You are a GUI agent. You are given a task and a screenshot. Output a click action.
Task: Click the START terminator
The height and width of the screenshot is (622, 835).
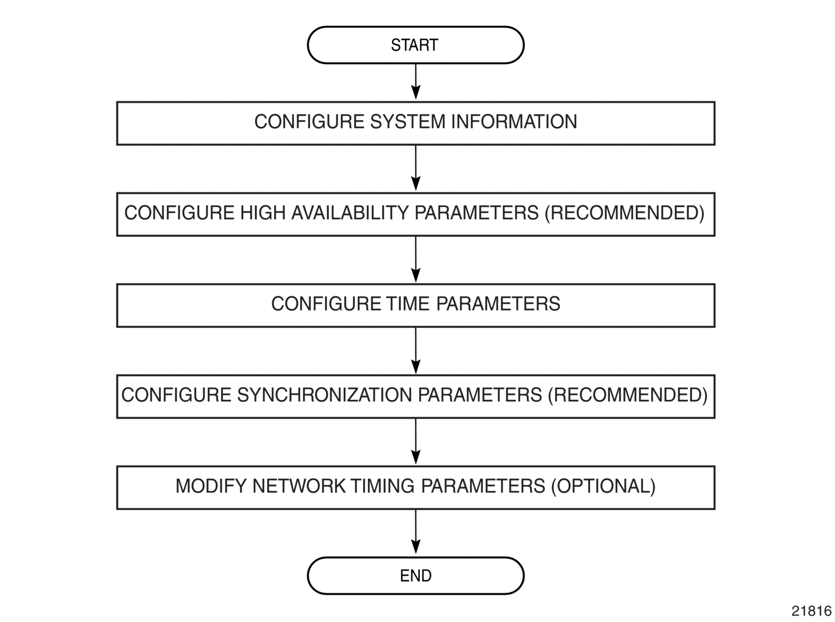[415, 45]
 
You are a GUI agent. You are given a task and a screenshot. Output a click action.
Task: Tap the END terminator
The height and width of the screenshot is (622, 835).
[415, 575]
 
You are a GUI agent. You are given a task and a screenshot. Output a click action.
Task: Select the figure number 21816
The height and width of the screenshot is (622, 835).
[811, 611]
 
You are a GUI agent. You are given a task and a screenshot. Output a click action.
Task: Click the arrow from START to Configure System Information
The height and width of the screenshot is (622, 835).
[416, 82]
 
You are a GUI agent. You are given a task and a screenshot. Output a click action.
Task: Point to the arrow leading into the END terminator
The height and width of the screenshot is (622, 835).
[416, 532]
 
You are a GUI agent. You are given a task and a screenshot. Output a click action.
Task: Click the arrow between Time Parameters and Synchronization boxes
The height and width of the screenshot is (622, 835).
[416, 351]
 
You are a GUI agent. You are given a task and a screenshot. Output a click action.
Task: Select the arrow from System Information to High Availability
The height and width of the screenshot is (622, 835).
[416, 168]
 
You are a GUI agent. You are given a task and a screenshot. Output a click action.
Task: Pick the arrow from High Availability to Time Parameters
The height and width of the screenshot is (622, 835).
[416, 259]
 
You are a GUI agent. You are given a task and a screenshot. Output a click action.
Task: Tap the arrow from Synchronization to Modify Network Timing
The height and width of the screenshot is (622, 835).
[416, 442]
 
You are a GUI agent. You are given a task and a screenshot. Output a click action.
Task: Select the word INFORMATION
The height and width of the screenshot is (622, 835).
[514, 122]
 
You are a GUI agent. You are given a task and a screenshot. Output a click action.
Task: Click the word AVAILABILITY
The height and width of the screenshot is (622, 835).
[350, 213]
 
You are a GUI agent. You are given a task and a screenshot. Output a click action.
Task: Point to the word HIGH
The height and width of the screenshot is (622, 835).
[263, 213]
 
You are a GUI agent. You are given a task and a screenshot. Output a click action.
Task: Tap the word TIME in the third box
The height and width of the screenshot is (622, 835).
[408, 304]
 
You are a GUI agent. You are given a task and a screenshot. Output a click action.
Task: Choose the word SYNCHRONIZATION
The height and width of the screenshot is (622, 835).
[325, 395]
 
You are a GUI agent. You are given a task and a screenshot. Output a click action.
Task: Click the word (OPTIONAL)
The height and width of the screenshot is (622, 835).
[603, 487]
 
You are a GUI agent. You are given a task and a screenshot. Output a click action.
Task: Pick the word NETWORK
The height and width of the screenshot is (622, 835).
[299, 487]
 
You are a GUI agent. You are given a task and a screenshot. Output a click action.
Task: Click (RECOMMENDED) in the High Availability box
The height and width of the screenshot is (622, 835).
[624, 213]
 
